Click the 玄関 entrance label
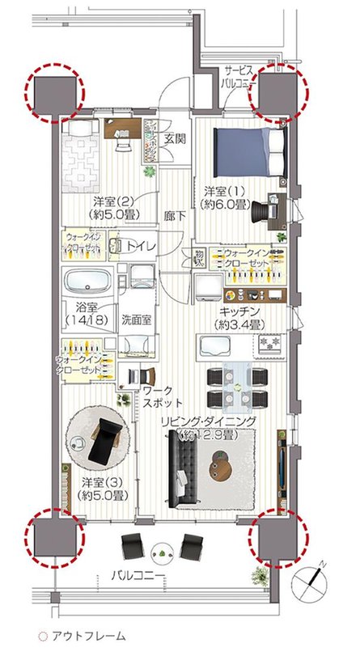tap(173, 138)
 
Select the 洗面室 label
tap(137, 319)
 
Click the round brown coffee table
tap(227, 464)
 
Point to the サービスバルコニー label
tap(244, 77)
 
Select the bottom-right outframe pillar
tap(280, 536)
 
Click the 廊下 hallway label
tap(173, 216)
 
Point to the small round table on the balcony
tap(162, 552)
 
